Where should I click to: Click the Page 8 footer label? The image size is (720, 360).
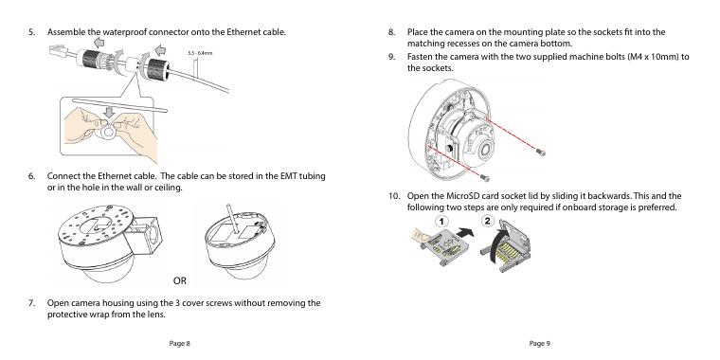pyautogui.click(x=180, y=343)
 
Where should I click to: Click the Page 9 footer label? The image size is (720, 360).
pyautogui.click(x=540, y=343)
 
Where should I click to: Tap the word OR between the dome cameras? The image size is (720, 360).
pyautogui.click(x=180, y=280)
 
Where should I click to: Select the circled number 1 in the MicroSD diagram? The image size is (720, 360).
pyautogui.click(x=441, y=222)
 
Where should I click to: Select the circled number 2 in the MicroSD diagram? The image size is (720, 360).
pyautogui.click(x=487, y=221)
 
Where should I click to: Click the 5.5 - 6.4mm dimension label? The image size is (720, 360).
pyautogui.click(x=200, y=53)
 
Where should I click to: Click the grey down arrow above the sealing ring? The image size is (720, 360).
pyautogui.click(x=109, y=112)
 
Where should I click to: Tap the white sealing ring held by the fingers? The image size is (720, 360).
pyautogui.click(x=109, y=133)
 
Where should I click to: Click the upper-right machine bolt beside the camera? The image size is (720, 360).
pyautogui.click(x=541, y=152)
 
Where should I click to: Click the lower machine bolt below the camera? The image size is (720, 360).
pyautogui.click(x=485, y=177)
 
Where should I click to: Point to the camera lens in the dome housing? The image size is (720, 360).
pyautogui.click(x=485, y=150)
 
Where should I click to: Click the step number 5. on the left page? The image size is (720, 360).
pyautogui.click(x=31, y=32)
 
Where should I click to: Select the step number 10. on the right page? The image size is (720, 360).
pyautogui.click(x=394, y=196)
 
